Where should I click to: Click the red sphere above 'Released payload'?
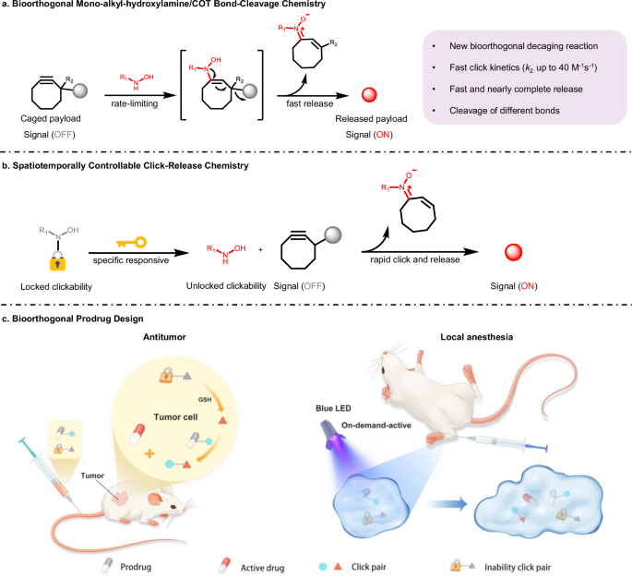coord(369,95)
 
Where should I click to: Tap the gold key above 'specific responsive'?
coord(131,242)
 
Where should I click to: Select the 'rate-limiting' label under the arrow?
coord(135,104)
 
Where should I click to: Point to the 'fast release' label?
coord(310,103)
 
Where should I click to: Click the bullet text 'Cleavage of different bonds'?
coord(505,111)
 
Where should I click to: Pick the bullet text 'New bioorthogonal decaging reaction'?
coord(523,46)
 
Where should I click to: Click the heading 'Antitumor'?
coord(164,337)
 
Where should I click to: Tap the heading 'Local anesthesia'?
coord(476,337)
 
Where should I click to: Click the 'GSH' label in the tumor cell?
coord(205,399)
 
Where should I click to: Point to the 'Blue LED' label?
coord(333,408)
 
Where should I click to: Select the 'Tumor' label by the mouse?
coord(92,475)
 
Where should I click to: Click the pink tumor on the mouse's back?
coord(121,498)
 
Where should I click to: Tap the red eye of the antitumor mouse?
coord(173,507)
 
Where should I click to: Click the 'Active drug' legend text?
coord(262,568)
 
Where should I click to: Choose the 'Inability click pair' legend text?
coord(518,568)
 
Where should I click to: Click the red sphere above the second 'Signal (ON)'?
coord(514,252)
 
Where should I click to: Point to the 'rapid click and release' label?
coord(415,259)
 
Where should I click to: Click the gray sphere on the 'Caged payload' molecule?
coord(79,90)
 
